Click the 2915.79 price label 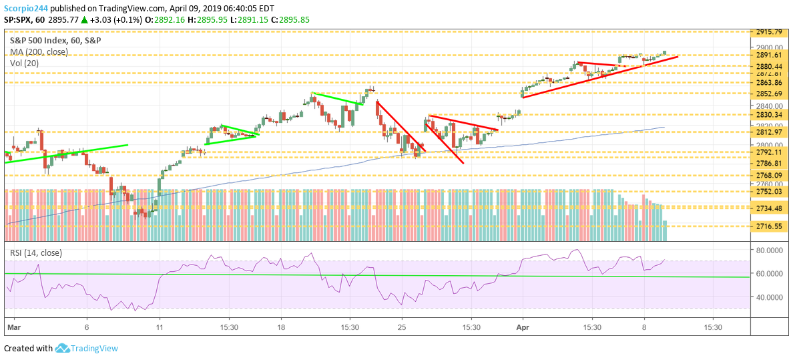(769, 32)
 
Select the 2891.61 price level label (769, 55)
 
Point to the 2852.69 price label (769, 94)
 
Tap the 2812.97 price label (769, 132)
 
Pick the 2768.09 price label (769, 176)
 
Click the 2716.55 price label (769, 226)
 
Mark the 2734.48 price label (769, 208)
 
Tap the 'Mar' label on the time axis (13, 328)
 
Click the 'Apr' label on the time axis (522, 328)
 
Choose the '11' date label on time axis (159, 328)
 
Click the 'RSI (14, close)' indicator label (35, 253)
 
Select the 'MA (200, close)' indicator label (38, 52)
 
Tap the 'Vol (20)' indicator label (25, 63)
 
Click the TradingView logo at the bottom (86, 348)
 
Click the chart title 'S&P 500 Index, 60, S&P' (55, 40)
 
